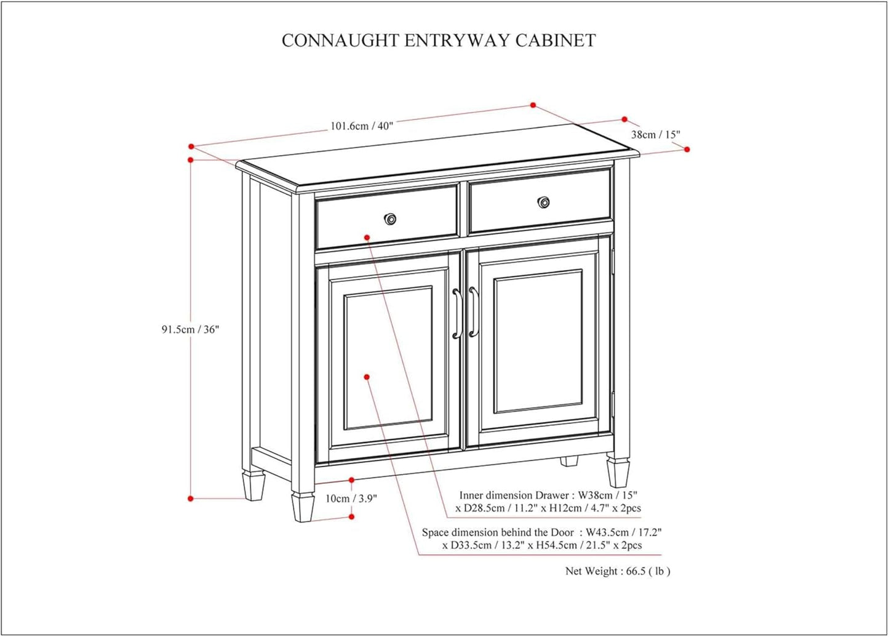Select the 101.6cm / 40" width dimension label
coord(362,126)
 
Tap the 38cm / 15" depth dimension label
coord(655,134)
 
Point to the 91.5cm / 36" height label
coord(190,329)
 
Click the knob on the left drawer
coord(390,219)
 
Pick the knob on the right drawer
coord(544,202)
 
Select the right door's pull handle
coord(472,312)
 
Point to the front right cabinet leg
coord(618,471)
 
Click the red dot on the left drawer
coord(367,237)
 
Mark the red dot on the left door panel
coord(367,377)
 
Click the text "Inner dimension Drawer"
coord(514,495)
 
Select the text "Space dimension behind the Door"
coord(498,532)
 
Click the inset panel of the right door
coord(538,342)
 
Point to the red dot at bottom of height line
coord(191,499)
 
